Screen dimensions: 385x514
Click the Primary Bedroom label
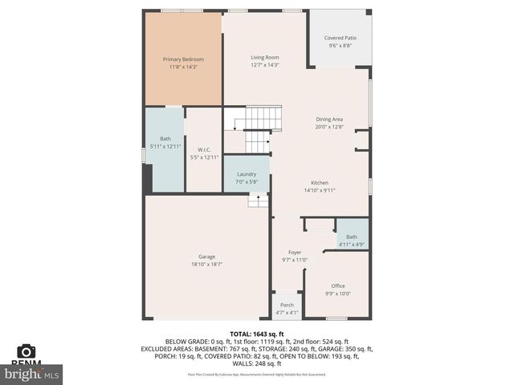pyautogui.click(x=183, y=59)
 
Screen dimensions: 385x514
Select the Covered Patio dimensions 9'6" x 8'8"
pyautogui.click(x=340, y=46)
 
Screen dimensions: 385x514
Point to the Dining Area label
pyautogui.click(x=329, y=119)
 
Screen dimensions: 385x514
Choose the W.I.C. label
pyautogui.click(x=204, y=150)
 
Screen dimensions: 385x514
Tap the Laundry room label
pyautogui.click(x=246, y=174)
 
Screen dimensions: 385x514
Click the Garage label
pyautogui.click(x=206, y=257)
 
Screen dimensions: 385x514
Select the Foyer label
pyautogui.click(x=295, y=252)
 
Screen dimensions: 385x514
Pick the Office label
pyautogui.click(x=337, y=286)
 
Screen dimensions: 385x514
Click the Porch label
pyautogui.click(x=287, y=306)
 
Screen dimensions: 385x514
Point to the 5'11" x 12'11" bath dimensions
pyautogui.click(x=165, y=146)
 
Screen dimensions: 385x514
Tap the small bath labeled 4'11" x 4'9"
pyautogui.click(x=352, y=241)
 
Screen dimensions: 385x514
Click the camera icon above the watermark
pyautogui.click(x=27, y=351)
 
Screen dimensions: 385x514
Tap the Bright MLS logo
pyautogui.click(x=32, y=374)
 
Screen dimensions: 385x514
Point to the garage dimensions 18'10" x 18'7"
pyautogui.click(x=206, y=264)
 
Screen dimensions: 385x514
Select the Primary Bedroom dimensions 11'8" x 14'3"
pyautogui.click(x=183, y=67)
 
